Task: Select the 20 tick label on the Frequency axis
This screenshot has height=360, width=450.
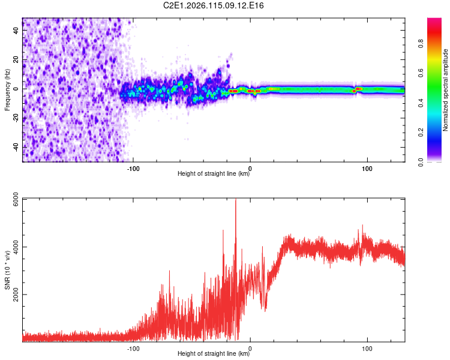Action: click(x=16, y=60)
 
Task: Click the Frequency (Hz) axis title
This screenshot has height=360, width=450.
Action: click(x=7, y=90)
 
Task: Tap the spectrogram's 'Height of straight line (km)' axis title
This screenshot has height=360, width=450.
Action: click(x=214, y=174)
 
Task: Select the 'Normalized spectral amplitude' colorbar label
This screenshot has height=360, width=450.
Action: click(x=446, y=90)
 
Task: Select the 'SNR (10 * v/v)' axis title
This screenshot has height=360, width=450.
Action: click(x=7, y=270)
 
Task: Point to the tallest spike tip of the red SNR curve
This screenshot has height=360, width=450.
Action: click(x=236, y=199)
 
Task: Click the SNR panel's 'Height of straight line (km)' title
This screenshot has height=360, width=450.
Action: click(x=214, y=354)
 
